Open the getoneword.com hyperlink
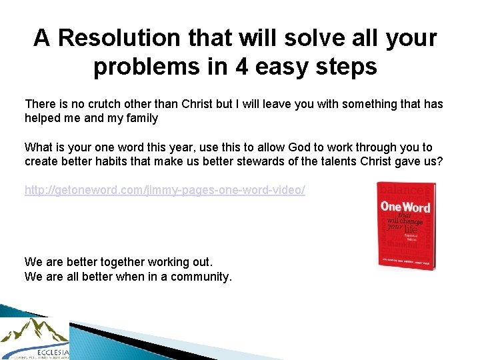tap(165, 191)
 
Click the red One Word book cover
tap(406, 225)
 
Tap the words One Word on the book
tap(405, 207)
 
